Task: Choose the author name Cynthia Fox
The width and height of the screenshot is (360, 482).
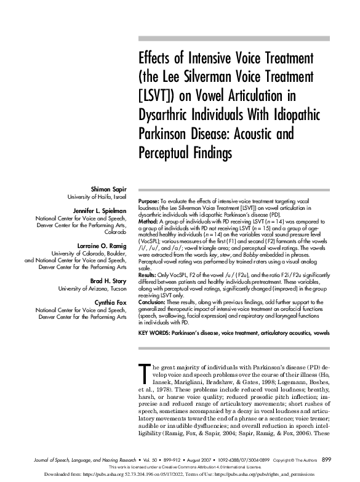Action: (110, 302)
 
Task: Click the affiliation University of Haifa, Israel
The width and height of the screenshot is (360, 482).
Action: (96, 196)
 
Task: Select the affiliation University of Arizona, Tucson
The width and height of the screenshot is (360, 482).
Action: (92, 288)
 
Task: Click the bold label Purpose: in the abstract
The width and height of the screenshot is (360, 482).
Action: (150, 201)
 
